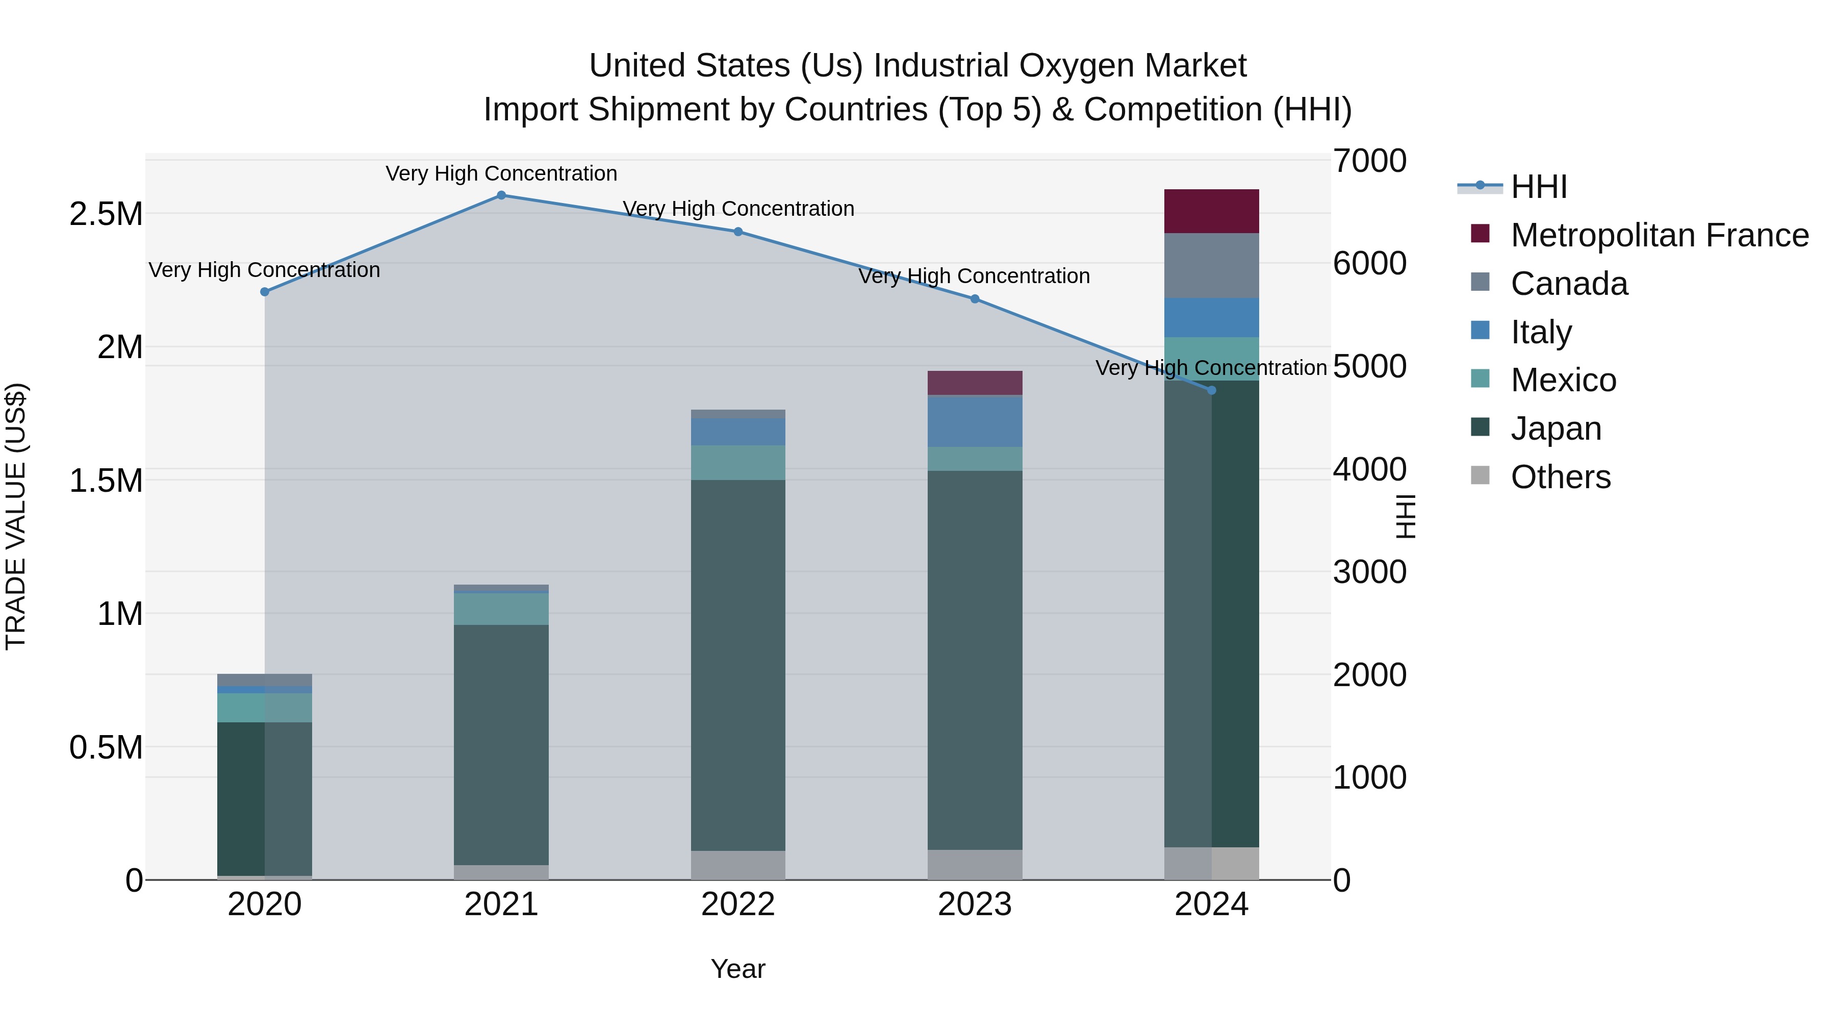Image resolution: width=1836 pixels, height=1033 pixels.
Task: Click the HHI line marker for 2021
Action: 501,195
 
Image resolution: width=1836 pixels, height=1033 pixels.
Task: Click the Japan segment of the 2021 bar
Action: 501,744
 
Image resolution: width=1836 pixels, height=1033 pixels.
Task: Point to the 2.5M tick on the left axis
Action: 106,214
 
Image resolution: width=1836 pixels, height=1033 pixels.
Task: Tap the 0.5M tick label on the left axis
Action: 106,747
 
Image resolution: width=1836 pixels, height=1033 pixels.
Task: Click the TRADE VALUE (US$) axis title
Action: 16,516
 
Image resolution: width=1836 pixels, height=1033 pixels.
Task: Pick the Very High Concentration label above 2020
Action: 264,270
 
